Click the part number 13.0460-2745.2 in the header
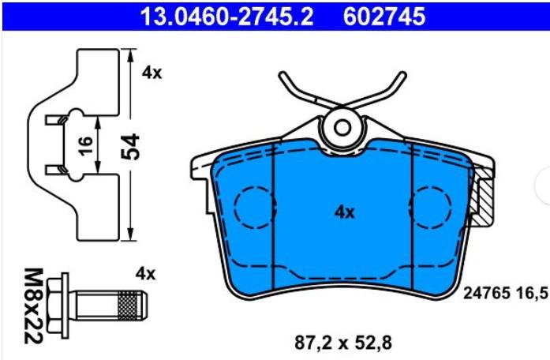click(x=226, y=16)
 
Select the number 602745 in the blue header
click(x=384, y=16)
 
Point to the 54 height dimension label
click(x=130, y=146)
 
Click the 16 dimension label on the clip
click(x=85, y=145)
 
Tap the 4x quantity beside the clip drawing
click(x=152, y=73)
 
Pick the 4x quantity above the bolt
click(x=145, y=274)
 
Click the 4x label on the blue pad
click(x=345, y=212)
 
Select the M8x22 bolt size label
click(x=34, y=306)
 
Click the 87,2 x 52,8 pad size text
click(x=342, y=343)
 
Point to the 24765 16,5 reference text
click(x=505, y=293)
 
